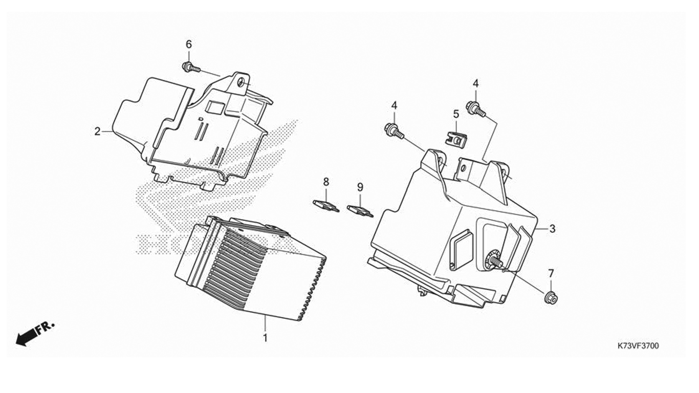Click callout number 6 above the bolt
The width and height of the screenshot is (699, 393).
[x=189, y=45]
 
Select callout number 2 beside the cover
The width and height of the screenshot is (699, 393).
[x=98, y=132]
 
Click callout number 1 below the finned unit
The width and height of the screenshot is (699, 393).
[x=265, y=338]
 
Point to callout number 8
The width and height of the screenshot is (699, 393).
[x=326, y=181]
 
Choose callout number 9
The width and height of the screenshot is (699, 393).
[x=360, y=187]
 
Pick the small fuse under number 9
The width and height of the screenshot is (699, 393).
[x=360, y=211]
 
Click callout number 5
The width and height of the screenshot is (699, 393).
[x=456, y=114]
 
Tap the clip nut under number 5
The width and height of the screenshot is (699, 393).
[x=455, y=139]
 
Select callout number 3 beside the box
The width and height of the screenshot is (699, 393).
[x=552, y=229]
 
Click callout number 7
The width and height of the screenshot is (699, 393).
[x=551, y=274]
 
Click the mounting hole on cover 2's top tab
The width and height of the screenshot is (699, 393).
[x=241, y=83]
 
